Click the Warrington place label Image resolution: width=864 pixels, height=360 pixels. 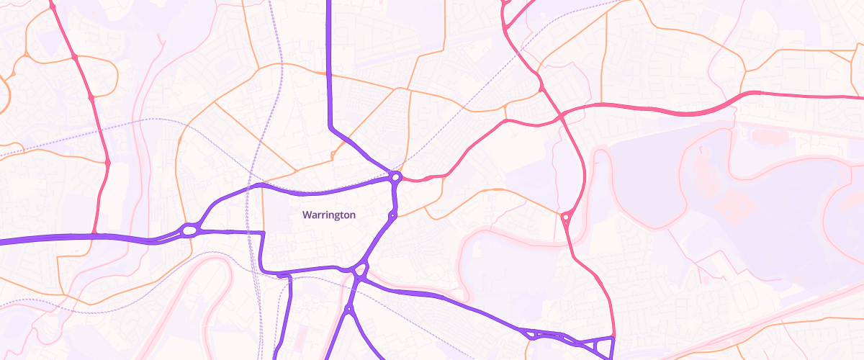pos(329,215)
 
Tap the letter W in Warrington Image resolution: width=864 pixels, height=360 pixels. pos(307,215)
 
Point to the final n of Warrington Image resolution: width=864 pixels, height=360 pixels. pos(352,215)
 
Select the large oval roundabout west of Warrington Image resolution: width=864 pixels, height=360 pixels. pos(189,230)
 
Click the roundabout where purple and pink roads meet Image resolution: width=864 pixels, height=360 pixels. pos(395,176)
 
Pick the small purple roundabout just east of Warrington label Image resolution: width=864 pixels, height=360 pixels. pos(392,215)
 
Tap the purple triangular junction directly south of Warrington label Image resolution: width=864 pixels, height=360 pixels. pos(360,272)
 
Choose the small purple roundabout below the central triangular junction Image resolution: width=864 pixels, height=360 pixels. pos(348,310)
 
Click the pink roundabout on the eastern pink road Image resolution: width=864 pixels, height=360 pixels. pos(566,216)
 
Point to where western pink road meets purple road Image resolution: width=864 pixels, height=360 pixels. pos(94,235)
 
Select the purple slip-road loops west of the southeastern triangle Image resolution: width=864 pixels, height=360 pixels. pos(544,334)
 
